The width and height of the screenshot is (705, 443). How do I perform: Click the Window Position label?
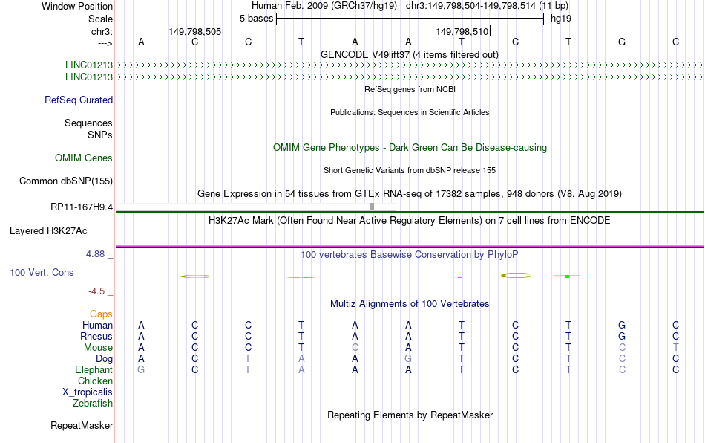point(77,6)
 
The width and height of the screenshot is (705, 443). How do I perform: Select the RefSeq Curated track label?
point(79,100)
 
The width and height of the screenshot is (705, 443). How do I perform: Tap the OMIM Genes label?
point(84,158)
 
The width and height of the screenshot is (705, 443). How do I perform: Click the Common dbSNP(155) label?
point(66,181)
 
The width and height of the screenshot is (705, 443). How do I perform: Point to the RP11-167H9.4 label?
point(82,207)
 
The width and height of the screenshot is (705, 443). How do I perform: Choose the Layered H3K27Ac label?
point(48,231)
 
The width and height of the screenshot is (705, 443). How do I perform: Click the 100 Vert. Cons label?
point(42,272)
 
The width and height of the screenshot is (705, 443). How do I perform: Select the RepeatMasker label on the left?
point(82,425)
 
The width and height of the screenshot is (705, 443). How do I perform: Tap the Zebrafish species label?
point(93,404)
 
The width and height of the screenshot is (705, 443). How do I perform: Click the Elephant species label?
point(94,370)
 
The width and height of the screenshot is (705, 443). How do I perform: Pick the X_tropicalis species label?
point(88,392)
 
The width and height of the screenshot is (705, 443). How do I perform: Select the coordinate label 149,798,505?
point(195,31)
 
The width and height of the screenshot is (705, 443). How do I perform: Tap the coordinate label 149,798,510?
point(462,31)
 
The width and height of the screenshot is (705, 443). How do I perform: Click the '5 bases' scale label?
point(256,19)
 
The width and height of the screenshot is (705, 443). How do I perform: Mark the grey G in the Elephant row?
point(141,370)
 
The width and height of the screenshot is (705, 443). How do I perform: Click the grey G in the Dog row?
point(408,359)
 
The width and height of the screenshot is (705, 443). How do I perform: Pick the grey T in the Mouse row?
point(676,348)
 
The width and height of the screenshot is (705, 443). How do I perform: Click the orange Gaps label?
point(101,314)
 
